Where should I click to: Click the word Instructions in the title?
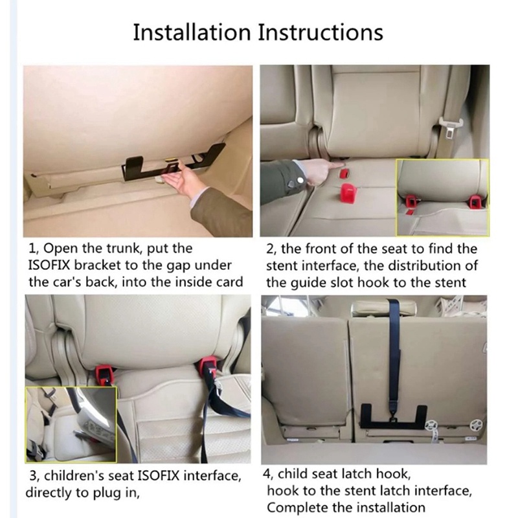(321, 32)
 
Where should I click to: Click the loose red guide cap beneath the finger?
(350, 192)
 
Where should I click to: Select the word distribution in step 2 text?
(417, 265)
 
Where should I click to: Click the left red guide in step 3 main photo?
(102, 372)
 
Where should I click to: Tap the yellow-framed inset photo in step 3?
(71, 424)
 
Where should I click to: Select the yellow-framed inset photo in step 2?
(443, 197)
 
